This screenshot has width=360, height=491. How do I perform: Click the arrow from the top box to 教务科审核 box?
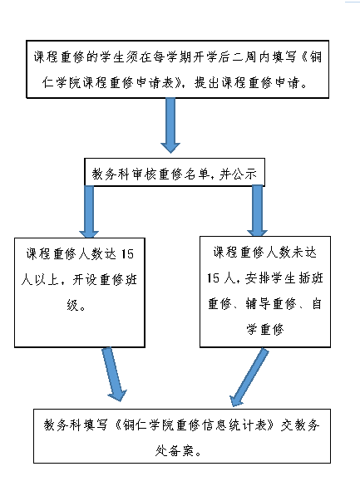[170, 125]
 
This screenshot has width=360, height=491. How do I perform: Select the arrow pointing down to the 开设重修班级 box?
[89, 212]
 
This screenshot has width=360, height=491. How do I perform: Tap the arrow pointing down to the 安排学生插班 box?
[257, 211]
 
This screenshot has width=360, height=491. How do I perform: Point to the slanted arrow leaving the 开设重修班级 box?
[114, 374]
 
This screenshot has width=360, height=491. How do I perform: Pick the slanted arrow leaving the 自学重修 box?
[249, 377]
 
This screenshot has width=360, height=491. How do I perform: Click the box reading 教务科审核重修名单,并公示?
[175, 172]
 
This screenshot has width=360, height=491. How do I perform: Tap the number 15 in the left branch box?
[127, 254]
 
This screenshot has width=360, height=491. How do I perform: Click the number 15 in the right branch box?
[213, 278]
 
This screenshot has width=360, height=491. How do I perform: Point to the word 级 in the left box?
[73, 304]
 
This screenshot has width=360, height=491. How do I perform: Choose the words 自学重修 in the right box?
[264, 330]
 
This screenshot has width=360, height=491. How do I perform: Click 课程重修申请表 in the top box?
[128, 83]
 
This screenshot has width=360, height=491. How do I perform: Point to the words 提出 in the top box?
[206, 83]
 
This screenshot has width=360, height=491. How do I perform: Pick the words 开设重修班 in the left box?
[105, 280]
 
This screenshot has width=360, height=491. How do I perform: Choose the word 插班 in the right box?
[310, 278]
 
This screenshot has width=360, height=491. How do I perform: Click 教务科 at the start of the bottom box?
[62, 425]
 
